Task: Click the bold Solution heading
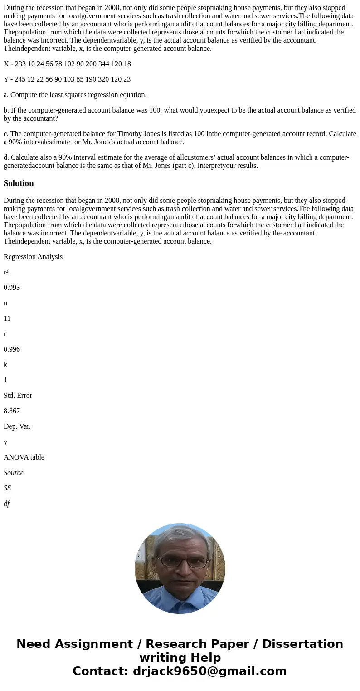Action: (x=19, y=183)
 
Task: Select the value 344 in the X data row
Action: (x=104, y=64)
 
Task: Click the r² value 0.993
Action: (x=12, y=288)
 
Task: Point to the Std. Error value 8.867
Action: (x=12, y=411)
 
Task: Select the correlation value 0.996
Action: (x=12, y=349)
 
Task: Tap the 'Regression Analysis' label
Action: (x=33, y=257)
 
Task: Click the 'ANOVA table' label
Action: (x=24, y=457)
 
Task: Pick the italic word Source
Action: (x=14, y=473)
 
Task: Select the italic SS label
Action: (x=7, y=488)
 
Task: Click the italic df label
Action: (x=6, y=504)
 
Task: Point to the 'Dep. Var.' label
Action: (x=17, y=426)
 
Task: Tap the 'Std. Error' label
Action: (x=18, y=396)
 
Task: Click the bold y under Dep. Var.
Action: (x=5, y=442)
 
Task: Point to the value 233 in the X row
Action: (x=20, y=64)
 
